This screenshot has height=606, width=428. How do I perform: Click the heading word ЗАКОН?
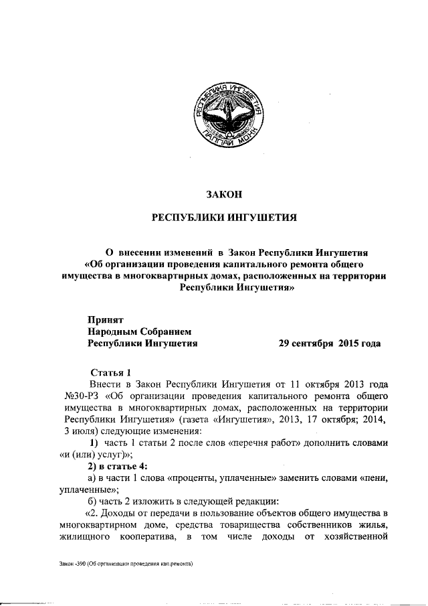(223, 195)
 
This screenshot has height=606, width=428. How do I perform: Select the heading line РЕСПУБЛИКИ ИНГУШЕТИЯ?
(223, 218)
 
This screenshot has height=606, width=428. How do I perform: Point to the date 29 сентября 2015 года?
(330, 344)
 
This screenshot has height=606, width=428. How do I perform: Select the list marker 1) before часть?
(95, 442)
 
